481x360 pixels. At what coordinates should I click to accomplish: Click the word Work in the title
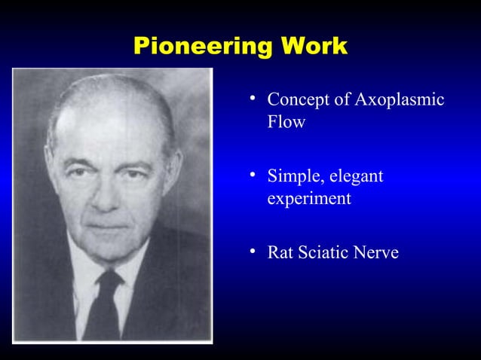point(314,47)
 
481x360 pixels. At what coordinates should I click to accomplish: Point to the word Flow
point(286,122)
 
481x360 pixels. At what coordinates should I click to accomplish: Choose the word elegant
point(355,178)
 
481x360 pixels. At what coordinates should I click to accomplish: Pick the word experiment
point(308,200)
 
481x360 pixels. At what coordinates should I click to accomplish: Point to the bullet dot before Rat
point(255,252)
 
